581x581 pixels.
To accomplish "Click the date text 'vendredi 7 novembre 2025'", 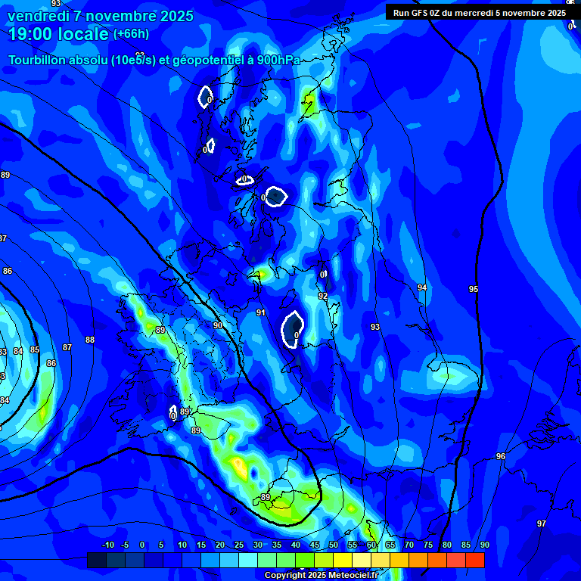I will tap(101, 16).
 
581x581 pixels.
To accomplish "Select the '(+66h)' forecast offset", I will tap(131, 34).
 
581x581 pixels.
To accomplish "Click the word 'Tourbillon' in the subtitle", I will tap(36, 61).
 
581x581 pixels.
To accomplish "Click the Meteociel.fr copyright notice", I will tap(321, 575).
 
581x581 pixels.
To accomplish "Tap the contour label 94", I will tap(422, 288).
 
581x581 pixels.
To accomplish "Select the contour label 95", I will tap(474, 290).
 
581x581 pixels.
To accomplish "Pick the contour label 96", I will tap(501, 457).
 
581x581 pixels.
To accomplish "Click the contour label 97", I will tap(542, 524).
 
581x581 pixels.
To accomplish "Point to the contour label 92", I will tap(323, 297).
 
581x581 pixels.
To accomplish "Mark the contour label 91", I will tap(261, 312).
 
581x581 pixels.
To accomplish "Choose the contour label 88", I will tap(90, 340).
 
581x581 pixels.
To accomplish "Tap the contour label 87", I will tap(67, 347).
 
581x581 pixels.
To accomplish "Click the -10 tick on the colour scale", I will tap(108, 545).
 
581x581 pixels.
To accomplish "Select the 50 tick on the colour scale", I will tap(334, 545).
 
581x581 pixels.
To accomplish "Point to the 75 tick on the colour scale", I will tap(428, 545).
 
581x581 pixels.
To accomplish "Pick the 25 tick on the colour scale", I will tap(239, 545).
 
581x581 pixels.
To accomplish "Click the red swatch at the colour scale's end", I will tap(475, 560).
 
